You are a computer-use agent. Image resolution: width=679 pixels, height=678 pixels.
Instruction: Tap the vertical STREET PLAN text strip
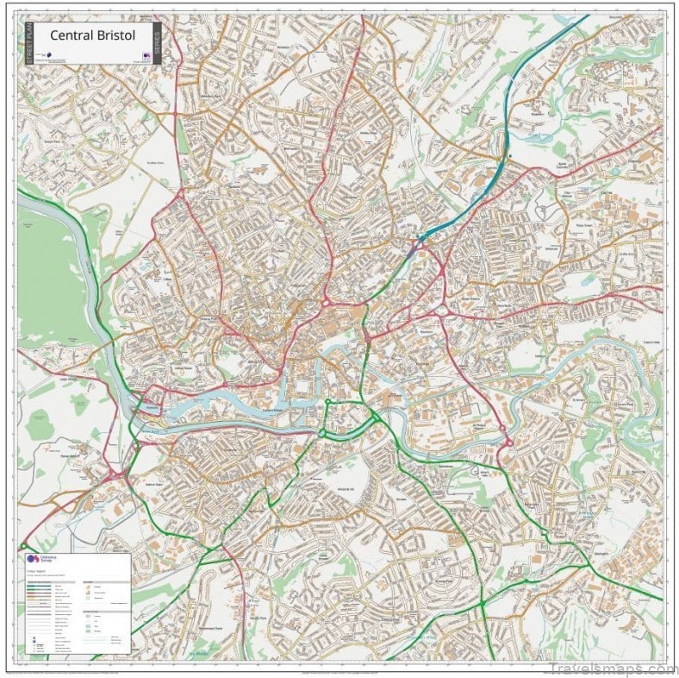tap(28, 42)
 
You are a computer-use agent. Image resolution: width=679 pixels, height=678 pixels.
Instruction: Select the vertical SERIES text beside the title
tap(156, 42)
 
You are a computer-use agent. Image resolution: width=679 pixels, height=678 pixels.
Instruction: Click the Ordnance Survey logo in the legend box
tap(34, 562)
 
